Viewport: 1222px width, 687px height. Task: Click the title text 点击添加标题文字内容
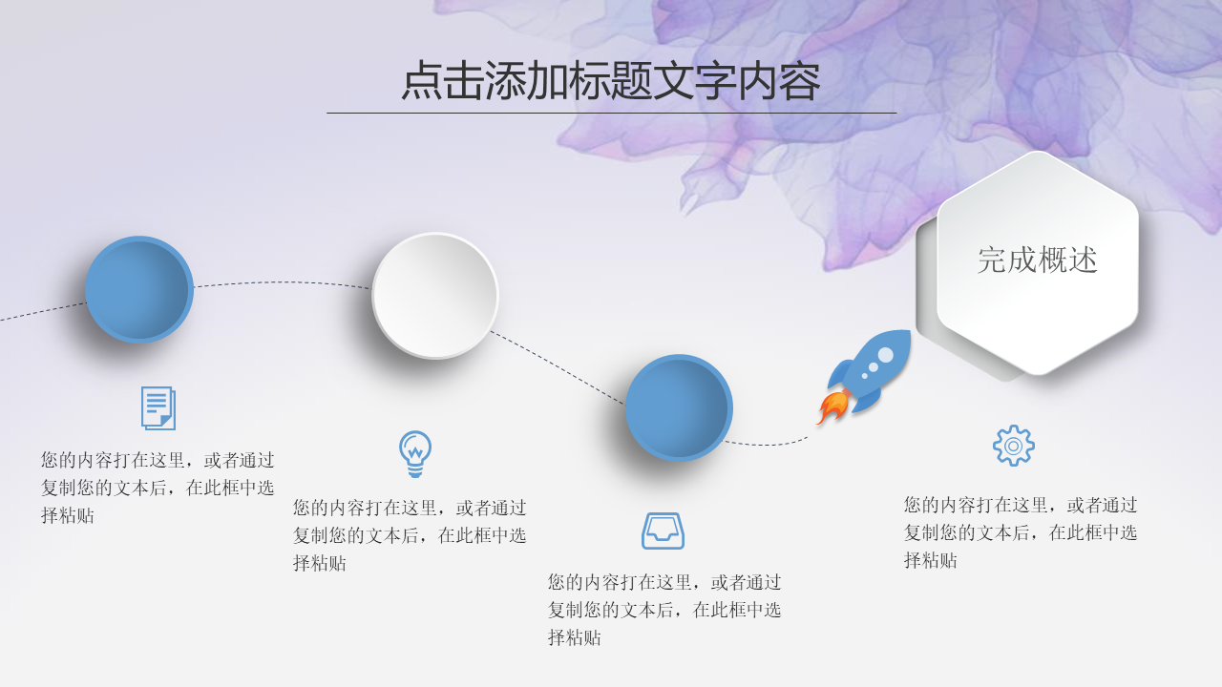pos(611,81)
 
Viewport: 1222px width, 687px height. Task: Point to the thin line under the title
pos(612,113)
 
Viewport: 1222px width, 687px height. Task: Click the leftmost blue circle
pos(139,289)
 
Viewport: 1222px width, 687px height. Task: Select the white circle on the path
pos(434,296)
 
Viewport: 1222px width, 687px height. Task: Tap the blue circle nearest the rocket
pos(679,407)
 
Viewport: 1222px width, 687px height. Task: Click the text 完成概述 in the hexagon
pos(1037,260)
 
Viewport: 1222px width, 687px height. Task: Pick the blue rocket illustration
pos(864,377)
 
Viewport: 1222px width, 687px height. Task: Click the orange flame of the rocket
pos(832,407)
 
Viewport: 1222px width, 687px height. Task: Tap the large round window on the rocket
pos(885,355)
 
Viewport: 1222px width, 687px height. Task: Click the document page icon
pos(158,407)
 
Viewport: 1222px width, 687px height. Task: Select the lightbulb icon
pos(415,454)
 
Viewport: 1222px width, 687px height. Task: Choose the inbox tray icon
pos(663,531)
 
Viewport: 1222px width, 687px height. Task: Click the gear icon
pos(1014,446)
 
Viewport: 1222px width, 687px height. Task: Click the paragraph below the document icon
pos(158,488)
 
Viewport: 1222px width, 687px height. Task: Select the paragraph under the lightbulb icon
pos(410,535)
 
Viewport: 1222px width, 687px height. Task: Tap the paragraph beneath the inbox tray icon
pos(664,610)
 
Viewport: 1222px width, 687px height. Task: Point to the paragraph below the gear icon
pos(1021,532)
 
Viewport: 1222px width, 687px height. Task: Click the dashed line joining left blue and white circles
pos(283,282)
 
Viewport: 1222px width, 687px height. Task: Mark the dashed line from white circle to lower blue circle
pos(558,367)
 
